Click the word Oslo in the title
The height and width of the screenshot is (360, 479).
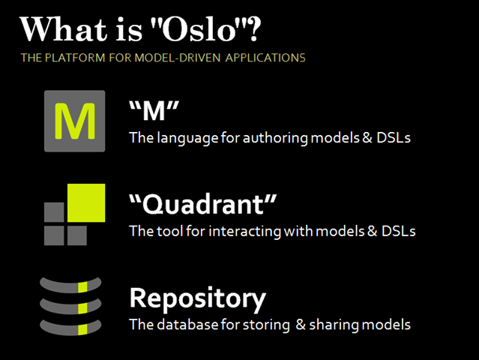(199, 29)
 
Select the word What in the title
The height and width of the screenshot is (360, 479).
(64, 29)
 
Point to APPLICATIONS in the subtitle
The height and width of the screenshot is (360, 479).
(265, 58)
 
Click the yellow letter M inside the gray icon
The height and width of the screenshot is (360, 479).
(75, 121)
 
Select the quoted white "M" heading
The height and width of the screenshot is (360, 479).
(154, 111)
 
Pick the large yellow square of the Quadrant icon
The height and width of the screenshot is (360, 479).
(86, 202)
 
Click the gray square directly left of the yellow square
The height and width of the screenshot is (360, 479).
(54, 211)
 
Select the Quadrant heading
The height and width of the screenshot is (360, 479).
(203, 205)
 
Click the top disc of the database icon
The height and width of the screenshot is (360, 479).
(70, 286)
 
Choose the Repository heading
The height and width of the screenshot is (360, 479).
(198, 299)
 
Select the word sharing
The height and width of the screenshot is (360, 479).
(334, 325)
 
